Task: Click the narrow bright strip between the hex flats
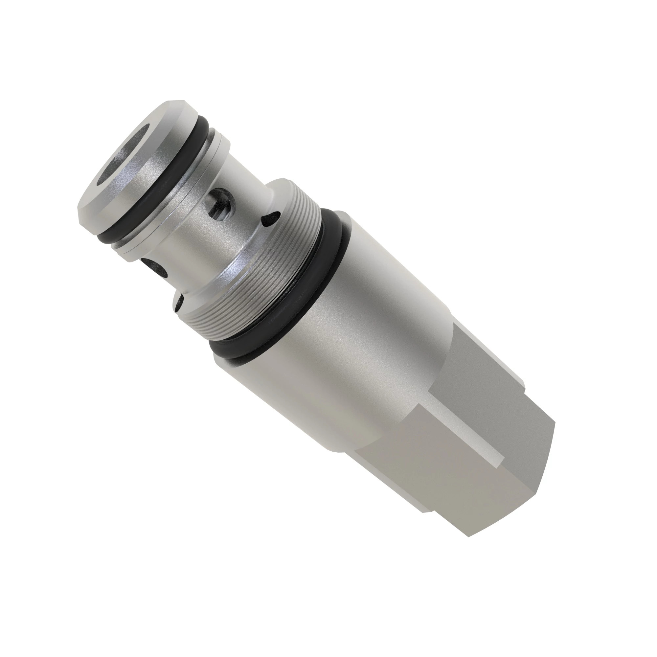click(x=476, y=439)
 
